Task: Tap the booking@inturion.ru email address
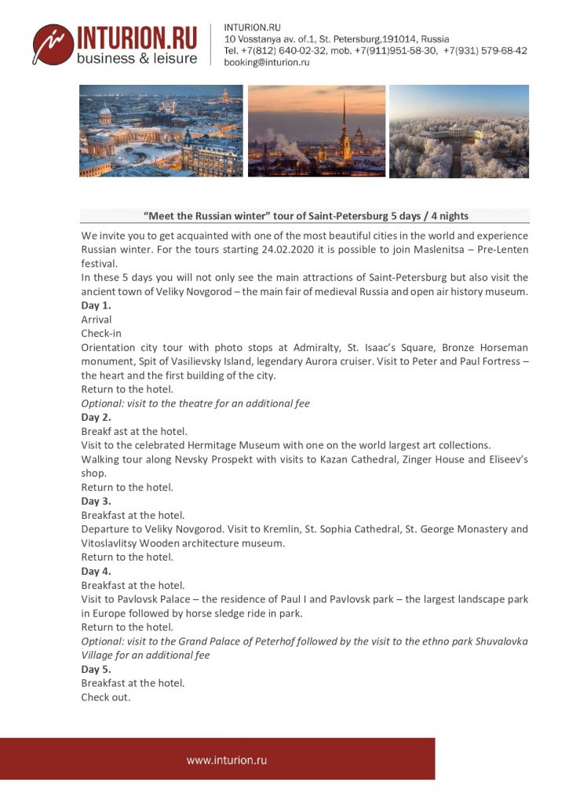pyautogui.click(x=266, y=63)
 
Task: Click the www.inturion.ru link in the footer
pyautogui.click(x=227, y=760)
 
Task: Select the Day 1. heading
pyautogui.click(x=97, y=305)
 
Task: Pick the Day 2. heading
pyautogui.click(x=97, y=418)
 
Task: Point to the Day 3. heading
pyautogui.click(x=97, y=501)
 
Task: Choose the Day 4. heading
pyautogui.click(x=97, y=571)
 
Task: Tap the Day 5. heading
pyautogui.click(x=97, y=669)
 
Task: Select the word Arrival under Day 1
pyautogui.click(x=97, y=320)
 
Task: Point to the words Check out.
pyautogui.click(x=106, y=697)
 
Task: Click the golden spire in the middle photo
pyautogui.click(x=343, y=118)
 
